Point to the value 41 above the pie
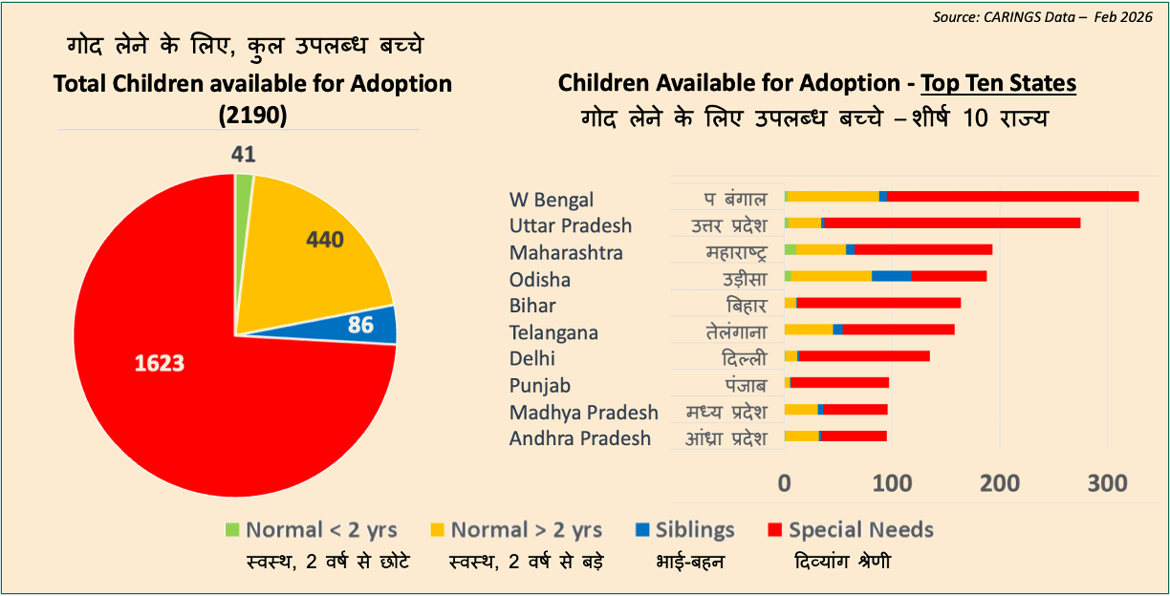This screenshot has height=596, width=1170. click(x=244, y=155)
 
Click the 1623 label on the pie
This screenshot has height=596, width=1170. click(x=159, y=364)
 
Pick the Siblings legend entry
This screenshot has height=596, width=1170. click(x=683, y=530)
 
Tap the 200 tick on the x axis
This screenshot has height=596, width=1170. click(x=1000, y=482)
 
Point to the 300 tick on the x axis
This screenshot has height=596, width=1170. click(x=1108, y=482)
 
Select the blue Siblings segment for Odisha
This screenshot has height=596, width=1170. click(x=891, y=276)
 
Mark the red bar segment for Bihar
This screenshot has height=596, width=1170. click(x=877, y=303)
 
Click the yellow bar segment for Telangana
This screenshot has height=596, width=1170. click(x=809, y=330)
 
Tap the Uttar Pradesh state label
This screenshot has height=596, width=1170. click(x=571, y=226)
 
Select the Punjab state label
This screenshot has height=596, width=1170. click(x=540, y=386)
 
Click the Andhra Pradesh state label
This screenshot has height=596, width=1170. click(x=580, y=438)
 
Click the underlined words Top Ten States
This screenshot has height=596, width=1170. click(x=999, y=83)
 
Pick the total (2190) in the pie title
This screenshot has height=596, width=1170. click(x=252, y=115)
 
